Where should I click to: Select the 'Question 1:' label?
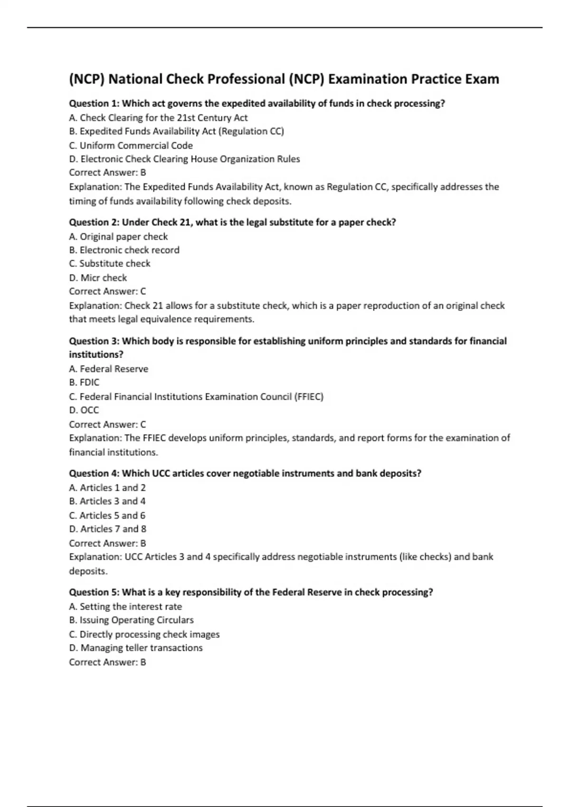pyautogui.click(x=94, y=103)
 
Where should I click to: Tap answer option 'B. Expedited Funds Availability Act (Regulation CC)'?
pyautogui.click(x=176, y=131)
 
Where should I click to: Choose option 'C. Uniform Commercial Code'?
pyautogui.click(x=131, y=145)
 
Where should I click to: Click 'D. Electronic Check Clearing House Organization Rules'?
pyautogui.click(x=184, y=159)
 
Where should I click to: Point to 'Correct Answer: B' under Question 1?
pyautogui.click(x=107, y=173)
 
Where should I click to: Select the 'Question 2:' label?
pyautogui.click(x=94, y=222)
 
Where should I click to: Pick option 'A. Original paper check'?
pyautogui.click(x=118, y=236)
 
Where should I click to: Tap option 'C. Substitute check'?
pyautogui.click(x=109, y=263)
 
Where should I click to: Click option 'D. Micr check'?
pyautogui.click(x=98, y=278)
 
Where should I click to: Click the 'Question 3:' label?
pyautogui.click(x=94, y=341)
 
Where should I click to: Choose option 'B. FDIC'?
pyautogui.click(x=84, y=382)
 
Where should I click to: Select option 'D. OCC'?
pyautogui.click(x=84, y=410)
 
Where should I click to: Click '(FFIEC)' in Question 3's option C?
pyautogui.click(x=309, y=396)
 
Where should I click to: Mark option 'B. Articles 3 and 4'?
pyautogui.click(x=107, y=501)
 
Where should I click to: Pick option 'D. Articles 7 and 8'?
pyautogui.click(x=107, y=529)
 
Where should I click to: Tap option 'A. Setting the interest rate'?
pyautogui.click(x=125, y=607)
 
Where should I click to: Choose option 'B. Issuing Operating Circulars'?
pyautogui.click(x=131, y=620)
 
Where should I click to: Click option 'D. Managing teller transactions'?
pyautogui.click(x=136, y=648)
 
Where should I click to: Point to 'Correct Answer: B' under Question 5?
pyautogui.click(x=107, y=662)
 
